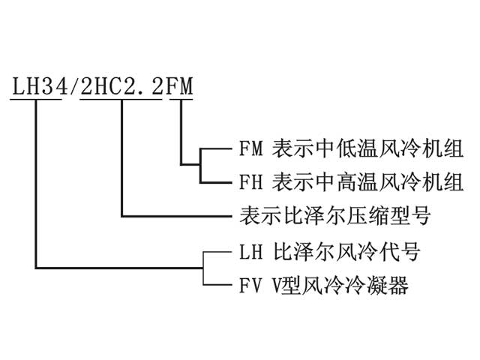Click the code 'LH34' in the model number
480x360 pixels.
tap(40, 85)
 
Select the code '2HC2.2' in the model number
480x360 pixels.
tap(121, 85)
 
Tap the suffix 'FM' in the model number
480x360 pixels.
tap(179, 85)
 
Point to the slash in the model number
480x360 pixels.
tap(74, 85)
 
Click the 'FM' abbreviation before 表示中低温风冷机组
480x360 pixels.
tap(251, 148)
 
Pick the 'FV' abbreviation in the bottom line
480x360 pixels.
tap(251, 285)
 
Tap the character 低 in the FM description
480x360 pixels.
tap(346, 148)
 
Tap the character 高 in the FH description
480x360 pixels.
tap(346, 182)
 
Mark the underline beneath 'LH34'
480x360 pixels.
tap(36, 99)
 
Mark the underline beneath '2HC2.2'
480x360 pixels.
tap(121, 99)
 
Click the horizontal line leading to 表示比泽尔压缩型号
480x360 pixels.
tap(176, 217)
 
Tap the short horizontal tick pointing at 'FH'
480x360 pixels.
tap(216, 183)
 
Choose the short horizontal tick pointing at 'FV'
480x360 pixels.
tap(217, 285)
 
